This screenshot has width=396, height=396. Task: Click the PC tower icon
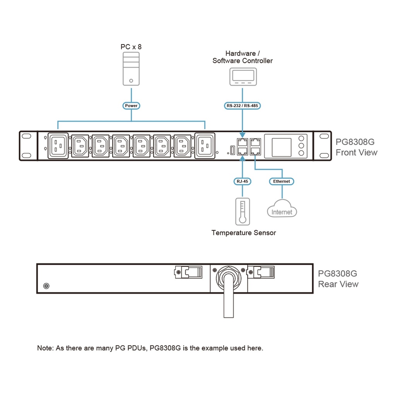pos(131,69)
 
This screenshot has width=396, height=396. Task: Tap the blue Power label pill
pos(131,106)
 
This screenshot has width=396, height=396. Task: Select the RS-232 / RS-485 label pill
pos(242,106)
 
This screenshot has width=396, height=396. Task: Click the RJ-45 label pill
pos(242,181)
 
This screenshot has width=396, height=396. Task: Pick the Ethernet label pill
pos(282,181)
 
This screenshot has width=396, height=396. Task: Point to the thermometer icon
pos(242,212)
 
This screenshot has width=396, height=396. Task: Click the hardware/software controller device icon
pos(242,77)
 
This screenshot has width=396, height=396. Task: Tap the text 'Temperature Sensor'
pos(244,233)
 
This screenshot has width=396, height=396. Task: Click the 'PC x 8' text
pos(131,47)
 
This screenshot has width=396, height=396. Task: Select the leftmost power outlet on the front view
pos(58,145)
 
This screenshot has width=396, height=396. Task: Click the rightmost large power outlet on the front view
pos(205,145)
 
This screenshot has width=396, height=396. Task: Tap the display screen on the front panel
pos(282,146)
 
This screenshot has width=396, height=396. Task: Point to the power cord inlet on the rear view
pos(229,277)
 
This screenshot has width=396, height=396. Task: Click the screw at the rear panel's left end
pos(47,286)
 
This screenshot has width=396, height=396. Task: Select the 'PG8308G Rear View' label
pos(338,279)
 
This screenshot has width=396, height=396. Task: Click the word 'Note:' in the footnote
pos(45,348)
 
